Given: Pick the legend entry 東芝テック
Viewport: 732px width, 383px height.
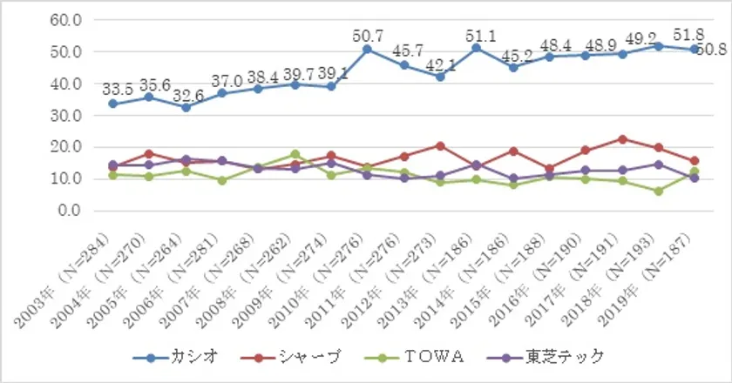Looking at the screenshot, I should tap(566, 358).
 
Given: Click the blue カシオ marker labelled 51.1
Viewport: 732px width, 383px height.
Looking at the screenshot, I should tap(476, 48).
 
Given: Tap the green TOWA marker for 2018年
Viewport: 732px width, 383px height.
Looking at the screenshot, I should tap(659, 191).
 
